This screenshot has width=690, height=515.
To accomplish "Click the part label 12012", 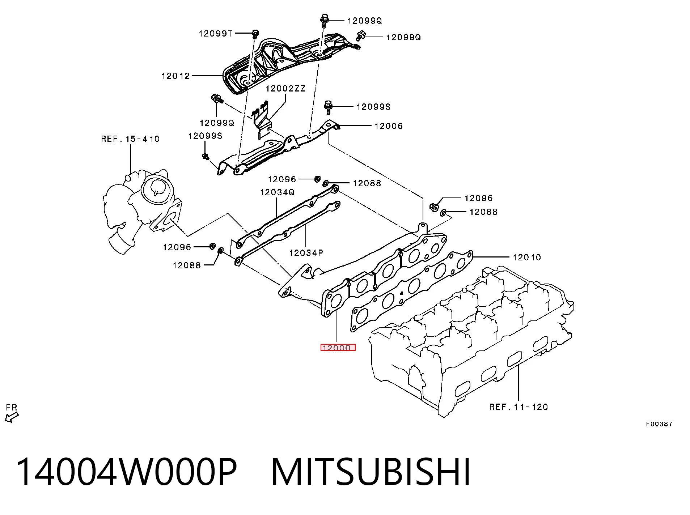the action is point(175,76).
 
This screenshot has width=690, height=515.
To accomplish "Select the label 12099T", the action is point(216,34).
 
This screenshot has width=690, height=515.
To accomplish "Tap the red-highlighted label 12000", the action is point(338,348).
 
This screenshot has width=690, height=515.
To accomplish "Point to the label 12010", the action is point(527,257).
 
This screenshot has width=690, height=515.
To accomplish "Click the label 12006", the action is point(389,126).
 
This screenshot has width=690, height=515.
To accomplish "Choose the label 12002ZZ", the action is point(286,89).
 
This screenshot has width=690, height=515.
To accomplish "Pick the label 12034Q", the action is point(277,192).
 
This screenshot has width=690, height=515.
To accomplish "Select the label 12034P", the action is point(306,253).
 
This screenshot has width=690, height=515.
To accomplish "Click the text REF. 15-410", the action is point(130,139).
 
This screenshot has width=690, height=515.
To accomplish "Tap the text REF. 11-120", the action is point(518,407).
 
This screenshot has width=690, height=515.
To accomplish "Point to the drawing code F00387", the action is point(659,424).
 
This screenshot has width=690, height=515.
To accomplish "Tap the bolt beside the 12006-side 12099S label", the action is point(329,107).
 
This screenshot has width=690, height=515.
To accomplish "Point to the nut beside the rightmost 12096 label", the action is point(434,207).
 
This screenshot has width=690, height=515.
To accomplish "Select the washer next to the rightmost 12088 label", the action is point(444,213).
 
